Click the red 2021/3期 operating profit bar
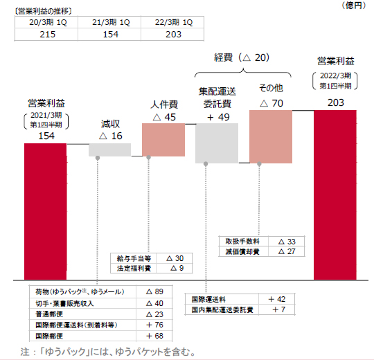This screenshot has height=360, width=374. pyautogui.click(x=45, y=211)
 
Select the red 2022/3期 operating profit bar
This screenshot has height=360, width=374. pyautogui.click(x=335, y=195)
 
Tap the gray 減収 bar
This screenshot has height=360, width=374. pyautogui.click(x=110, y=150)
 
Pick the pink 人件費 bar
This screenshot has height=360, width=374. pyautogui.click(x=163, y=140)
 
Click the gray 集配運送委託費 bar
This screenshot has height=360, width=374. pyautogui.click(x=217, y=143)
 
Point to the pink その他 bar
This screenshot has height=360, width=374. pyautogui.click(x=271, y=136)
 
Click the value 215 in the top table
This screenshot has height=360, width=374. pyautogui.click(x=48, y=35)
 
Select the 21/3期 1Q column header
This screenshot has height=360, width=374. pyautogui.click(x=111, y=22)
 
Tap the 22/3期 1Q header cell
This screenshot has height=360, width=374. pyautogui.click(x=174, y=22)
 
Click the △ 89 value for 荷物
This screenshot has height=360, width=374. pyautogui.click(x=154, y=291)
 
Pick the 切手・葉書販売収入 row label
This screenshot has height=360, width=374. pyautogui.click(x=64, y=303)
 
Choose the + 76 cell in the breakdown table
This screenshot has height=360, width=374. pyautogui.click(x=154, y=325)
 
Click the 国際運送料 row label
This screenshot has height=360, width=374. pyautogui.click(x=208, y=300)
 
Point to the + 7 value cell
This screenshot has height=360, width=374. pyautogui.click(x=279, y=309)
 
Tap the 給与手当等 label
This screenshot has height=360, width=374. pyautogui.click(x=134, y=259)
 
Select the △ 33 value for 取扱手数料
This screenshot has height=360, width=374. pyautogui.click(x=287, y=242)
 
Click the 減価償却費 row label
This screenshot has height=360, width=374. pyautogui.click(x=242, y=252)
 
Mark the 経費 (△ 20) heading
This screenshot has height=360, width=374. pyautogui.click(x=242, y=57)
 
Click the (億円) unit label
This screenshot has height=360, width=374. pyautogui.click(x=354, y=6)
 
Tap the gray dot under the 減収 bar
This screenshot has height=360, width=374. pyautogui.click(x=98, y=158)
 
